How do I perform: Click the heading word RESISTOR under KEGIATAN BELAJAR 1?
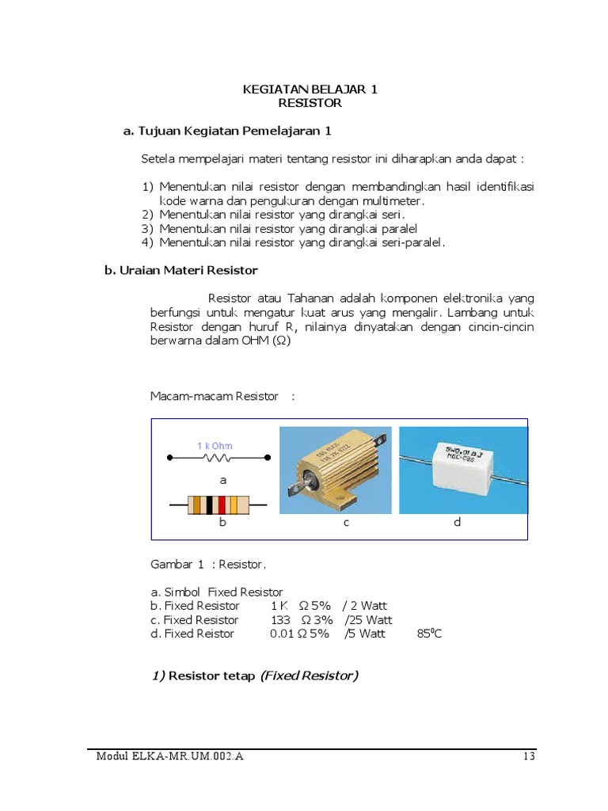[310, 103]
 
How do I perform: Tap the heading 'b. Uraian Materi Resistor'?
[181, 270]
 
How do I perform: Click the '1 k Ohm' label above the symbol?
[215, 446]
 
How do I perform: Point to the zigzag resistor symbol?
[217, 458]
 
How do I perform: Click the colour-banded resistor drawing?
[218, 504]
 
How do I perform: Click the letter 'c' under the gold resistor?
[346, 524]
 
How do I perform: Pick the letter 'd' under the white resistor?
[457, 524]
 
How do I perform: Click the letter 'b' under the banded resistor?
[222, 524]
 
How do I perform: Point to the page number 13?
[530, 756]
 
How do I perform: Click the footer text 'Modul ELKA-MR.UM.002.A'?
[170, 756]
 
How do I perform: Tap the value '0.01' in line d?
[283, 634]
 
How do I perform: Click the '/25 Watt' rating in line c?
[367, 620]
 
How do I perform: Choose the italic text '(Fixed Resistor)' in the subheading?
[309, 676]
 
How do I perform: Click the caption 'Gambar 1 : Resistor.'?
[209, 565]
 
